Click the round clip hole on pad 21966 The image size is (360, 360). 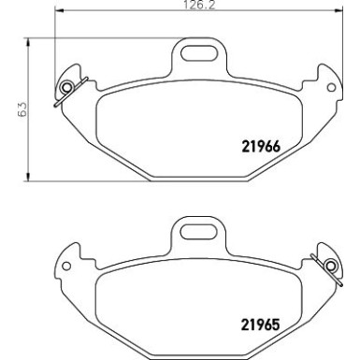pyautogui.click(x=66, y=90)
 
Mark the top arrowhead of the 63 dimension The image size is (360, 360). pyautogui.click(x=32, y=40)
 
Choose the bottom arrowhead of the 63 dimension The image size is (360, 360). pyautogui.click(x=32, y=178)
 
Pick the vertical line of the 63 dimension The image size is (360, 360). pyautogui.click(x=32, y=140)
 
